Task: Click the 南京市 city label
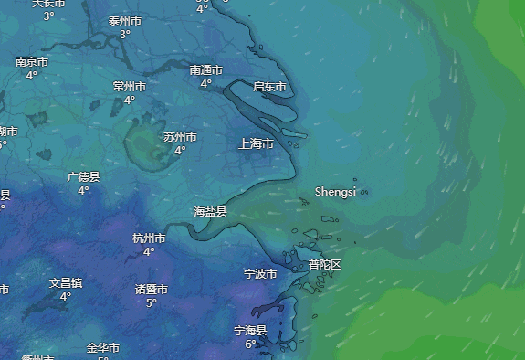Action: click(31, 62)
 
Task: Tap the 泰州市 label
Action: click(125, 21)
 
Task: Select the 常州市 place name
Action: click(130, 87)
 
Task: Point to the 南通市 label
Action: click(206, 70)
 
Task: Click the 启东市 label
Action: click(269, 87)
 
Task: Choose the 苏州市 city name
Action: click(180, 137)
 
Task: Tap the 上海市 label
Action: click(256, 143)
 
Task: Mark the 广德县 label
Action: click(83, 177)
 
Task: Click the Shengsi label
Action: click(335, 192)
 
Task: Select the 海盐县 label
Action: click(210, 211)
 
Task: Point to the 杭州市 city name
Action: click(149, 238)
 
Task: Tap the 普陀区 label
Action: click(324, 265)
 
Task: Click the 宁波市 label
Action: click(260, 273)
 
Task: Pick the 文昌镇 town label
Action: click(66, 283)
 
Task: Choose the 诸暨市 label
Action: click(152, 290)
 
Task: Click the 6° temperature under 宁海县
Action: click(250, 344)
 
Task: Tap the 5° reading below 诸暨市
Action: click(152, 303)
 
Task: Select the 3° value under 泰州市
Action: click(125, 35)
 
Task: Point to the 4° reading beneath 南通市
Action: click(206, 84)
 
